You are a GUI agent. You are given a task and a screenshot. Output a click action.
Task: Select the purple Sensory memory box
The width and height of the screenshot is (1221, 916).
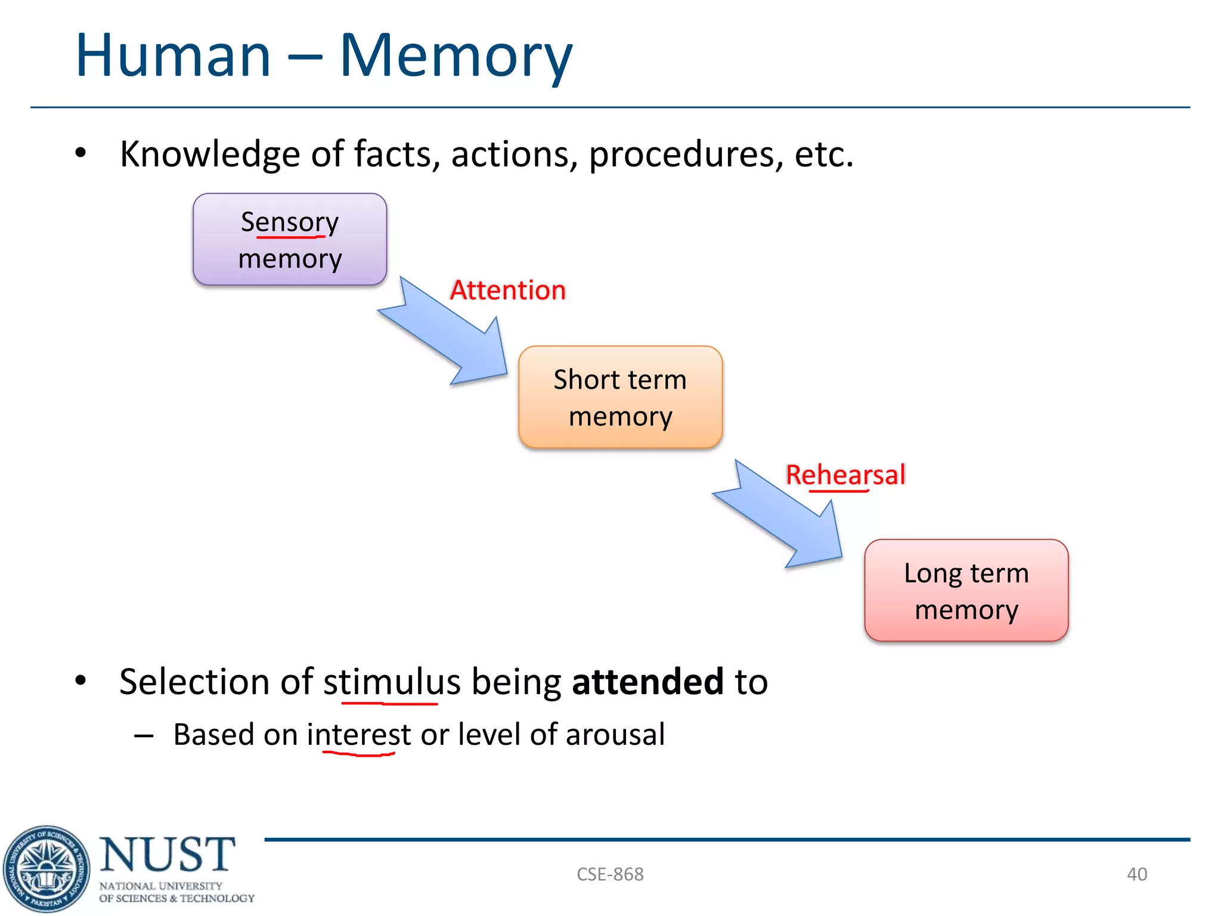click(x=290, y=239)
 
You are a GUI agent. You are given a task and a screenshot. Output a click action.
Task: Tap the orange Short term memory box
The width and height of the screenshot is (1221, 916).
click(x=620, y=397)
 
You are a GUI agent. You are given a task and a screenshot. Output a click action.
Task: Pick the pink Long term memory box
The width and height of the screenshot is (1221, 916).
click(x=966, y=590)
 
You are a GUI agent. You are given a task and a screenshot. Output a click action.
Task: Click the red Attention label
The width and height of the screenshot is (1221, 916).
click(x=507, y=290)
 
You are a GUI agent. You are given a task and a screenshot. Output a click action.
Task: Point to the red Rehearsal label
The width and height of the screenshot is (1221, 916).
click(x=845, y=475)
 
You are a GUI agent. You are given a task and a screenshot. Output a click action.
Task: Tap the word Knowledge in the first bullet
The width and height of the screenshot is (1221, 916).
click(x=210, y=154)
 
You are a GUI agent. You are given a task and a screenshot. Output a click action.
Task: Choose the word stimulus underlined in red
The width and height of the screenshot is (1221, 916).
click(x=391, y=682)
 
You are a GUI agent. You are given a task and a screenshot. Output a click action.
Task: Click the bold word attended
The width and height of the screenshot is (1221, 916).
click(x=647, y=682)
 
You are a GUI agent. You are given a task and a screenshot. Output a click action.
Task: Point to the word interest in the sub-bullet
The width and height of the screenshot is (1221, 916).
click(x=358, y=735)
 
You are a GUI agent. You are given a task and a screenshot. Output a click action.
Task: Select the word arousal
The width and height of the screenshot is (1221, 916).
click(x=615, y=735)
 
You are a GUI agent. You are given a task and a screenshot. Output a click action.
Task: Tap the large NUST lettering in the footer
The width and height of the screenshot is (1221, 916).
click(x=168, y=854)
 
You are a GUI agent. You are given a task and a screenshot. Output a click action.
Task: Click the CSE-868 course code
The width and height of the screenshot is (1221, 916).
click(x=610, y=874)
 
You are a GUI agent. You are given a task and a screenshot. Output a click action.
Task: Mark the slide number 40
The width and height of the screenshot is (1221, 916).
click(x=1136, y=874)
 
